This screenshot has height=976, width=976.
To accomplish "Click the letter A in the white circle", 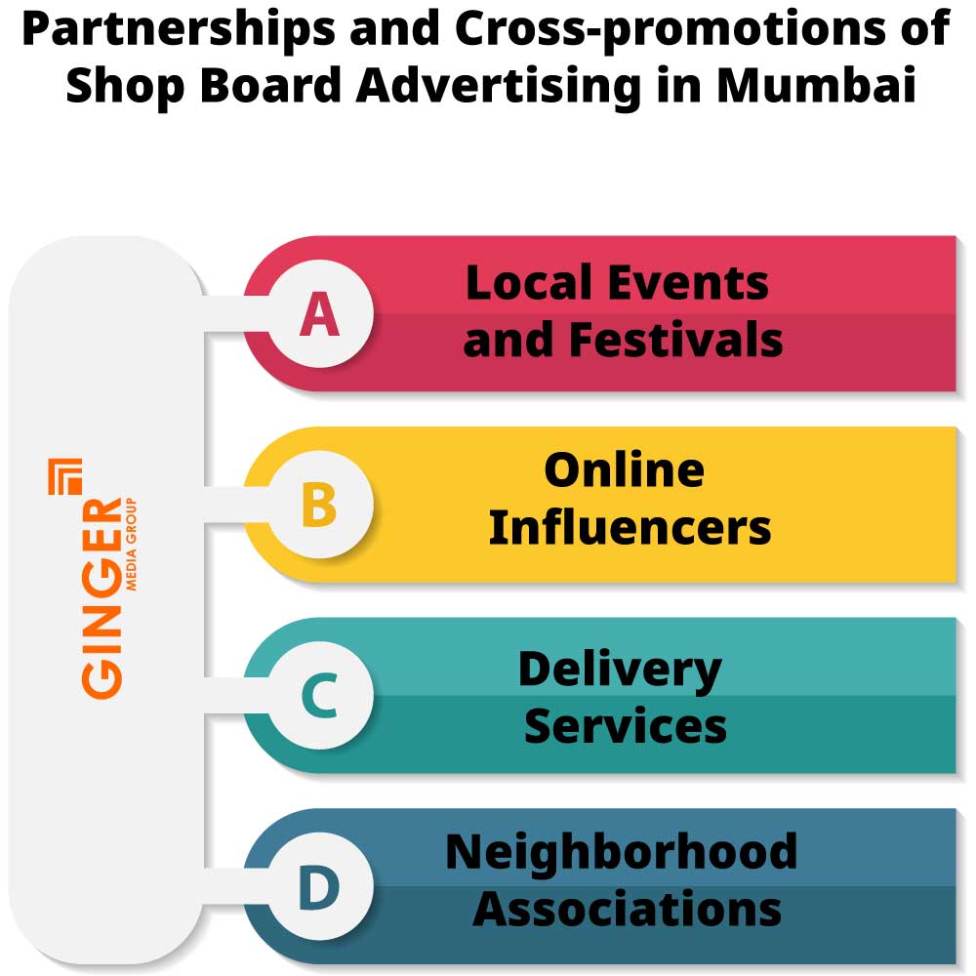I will (319, 314).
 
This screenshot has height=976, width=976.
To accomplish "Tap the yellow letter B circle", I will (319, 506).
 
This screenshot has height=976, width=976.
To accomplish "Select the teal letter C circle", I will (319, 697).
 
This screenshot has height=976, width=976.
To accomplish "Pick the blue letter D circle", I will (319, 887).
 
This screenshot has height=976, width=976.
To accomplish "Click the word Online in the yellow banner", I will (624, 470).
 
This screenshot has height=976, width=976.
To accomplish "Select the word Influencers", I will (630, 528).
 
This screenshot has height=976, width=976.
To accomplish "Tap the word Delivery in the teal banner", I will (620, 670).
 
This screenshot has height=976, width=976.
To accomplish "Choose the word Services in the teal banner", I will (626, 726).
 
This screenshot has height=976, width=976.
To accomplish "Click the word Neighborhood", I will (622, 851).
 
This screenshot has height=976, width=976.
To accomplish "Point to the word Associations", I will (628, 910).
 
